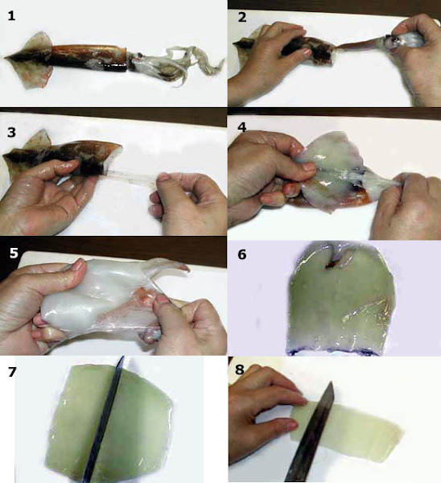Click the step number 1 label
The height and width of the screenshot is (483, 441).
11,15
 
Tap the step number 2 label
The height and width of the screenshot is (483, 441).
242,17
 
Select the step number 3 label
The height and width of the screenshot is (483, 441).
12,132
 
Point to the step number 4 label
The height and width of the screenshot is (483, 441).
242,126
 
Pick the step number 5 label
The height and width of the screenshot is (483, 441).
14,253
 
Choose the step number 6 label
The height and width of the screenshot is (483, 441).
242,254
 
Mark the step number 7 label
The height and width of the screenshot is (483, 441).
12,372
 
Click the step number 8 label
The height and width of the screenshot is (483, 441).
240,369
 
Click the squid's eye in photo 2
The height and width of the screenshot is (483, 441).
394,39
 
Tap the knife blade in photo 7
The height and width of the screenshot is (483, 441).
104,419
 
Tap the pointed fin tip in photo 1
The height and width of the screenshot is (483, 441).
5,56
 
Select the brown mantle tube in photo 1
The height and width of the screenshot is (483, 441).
89,57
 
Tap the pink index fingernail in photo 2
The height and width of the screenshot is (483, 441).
308,52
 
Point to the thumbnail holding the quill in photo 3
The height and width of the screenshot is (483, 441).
163,177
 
